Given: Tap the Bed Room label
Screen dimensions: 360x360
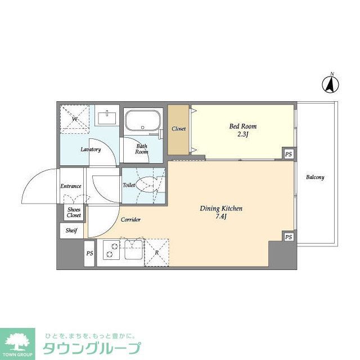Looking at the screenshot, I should tap(243, 127).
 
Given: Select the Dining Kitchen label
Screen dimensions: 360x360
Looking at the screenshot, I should tap(221, 209).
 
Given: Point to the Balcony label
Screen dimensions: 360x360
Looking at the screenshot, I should tap(315, 177).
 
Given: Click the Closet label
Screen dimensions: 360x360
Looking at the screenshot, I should tap(179, 129).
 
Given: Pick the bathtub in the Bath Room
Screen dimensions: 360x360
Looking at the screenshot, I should tap(143, 121).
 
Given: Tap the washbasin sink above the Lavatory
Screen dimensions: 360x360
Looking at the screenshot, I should tap(107, 118).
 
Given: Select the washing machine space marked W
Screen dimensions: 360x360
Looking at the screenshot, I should tap(74, 119).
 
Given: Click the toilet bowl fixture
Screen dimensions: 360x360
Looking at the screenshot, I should tap(150, 184).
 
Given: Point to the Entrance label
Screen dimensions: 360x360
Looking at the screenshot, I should tap(71, 186).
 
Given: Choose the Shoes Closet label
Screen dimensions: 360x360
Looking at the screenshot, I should tap(74, 212).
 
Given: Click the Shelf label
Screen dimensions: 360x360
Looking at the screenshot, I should tap(71, 231).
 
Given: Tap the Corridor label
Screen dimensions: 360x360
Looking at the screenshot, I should tap(130, 219).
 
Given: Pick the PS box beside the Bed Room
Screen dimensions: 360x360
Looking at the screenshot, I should tap(288, 154).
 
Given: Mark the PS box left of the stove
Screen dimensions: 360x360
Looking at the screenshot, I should tap(89, 254).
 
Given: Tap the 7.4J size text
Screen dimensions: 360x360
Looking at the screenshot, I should tap(221, 217).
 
